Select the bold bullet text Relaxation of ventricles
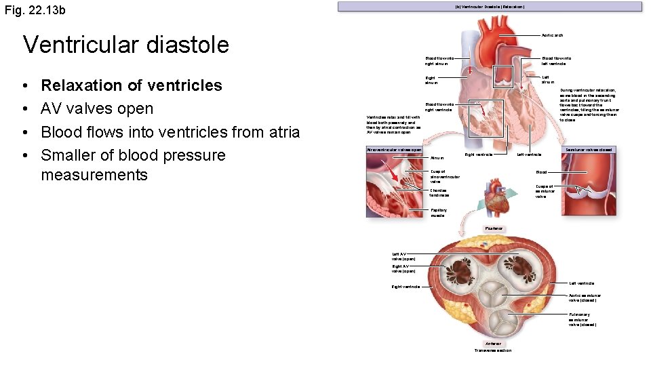coord(132,85)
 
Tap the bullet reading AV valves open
coord(97,108)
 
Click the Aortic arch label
coord(552,35)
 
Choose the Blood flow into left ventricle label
coord(555,61)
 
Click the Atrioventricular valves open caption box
coord(394,150)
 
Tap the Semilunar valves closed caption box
coord(588,150)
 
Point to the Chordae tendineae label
coord(440,192)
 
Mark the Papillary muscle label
coord(439,213)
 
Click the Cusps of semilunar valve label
coord(545,191)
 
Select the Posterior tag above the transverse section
coord(493,228)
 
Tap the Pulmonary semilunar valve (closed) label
coord(582,319)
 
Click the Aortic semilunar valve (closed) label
coord(584,298)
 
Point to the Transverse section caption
coord(493,350)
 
